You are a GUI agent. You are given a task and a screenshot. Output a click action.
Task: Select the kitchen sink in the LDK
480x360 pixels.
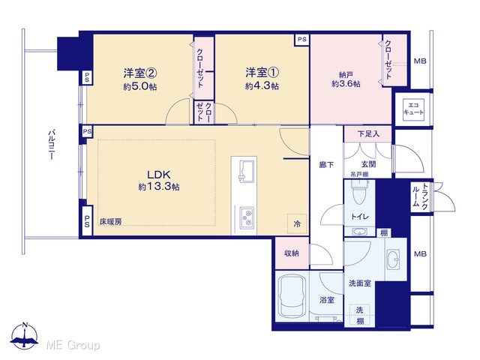tap(247, 171)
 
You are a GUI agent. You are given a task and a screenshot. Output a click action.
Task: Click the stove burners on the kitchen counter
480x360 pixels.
tap(247, 217)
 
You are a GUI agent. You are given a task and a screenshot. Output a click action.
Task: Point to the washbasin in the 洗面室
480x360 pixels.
tap(393, 259)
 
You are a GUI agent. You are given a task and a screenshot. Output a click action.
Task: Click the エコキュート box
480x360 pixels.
tap(413, 109)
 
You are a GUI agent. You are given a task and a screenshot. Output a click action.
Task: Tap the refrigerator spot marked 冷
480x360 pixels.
tap(297, 223)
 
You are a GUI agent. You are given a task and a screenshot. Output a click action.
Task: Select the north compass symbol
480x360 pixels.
tap(25, 335)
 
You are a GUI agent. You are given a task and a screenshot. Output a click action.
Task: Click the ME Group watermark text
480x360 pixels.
tap(73, 345)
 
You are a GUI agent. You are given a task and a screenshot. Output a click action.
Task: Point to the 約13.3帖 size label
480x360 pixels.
tap(159, 187)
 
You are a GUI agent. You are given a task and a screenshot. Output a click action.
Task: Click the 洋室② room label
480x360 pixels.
tap(140, 73)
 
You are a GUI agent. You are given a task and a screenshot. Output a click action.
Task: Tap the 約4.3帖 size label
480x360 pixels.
tap(262, 86)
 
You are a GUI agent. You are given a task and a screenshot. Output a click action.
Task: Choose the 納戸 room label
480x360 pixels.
tap(346, 74)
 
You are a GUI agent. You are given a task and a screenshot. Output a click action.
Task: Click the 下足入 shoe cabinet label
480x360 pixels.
tap(368, 133)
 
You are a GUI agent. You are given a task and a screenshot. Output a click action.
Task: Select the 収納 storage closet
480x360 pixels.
tap(292, 253)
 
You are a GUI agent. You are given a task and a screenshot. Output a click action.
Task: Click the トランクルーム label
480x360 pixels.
tap(420, 196)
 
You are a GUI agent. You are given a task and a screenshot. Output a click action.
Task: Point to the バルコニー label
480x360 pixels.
tap(52, 145)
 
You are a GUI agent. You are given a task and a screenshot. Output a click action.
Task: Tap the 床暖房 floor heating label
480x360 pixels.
tap(110, 222)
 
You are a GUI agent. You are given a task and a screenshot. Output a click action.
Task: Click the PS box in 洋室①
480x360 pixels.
tap(301, 40)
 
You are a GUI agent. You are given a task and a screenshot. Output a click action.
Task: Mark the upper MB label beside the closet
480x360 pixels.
tap(420, 61)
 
